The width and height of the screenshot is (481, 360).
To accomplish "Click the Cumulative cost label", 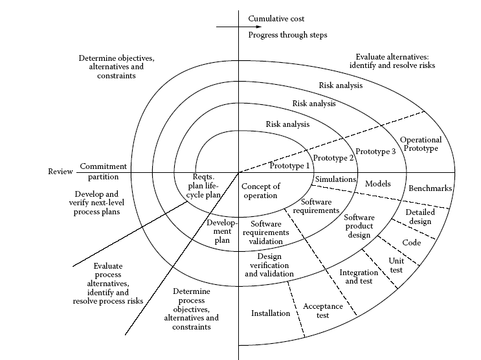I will click(x=276, y=19).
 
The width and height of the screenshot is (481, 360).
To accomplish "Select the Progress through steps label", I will click(x=287, y=35).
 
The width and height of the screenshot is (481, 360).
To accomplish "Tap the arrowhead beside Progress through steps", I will click(x=240, y=27).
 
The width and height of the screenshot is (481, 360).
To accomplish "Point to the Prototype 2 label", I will click(x=333, y=157).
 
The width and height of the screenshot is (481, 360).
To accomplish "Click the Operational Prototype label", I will click(x=420, y=144).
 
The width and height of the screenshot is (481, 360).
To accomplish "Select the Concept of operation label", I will click(x=260, y=191).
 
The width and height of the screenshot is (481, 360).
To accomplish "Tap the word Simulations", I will click(x=335, y=179).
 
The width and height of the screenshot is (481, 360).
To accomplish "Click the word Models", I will click(x=377, y=184).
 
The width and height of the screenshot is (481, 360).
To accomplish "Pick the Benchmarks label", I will click(x=430, y=188).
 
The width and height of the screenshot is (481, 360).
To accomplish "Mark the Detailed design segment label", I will click(x=419, y=217).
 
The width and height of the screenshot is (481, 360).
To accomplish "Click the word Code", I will click(x=412, y=243).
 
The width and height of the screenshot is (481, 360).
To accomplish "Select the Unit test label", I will click(x=396, y=264).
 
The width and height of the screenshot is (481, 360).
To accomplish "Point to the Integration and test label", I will click(x=359, y=277).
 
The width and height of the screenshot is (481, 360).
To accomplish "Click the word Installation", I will click(x=271, y=313).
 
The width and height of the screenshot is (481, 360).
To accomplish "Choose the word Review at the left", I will click(x=61, y=172).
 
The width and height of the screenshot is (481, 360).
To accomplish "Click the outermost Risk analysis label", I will click(x=341, y=85).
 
